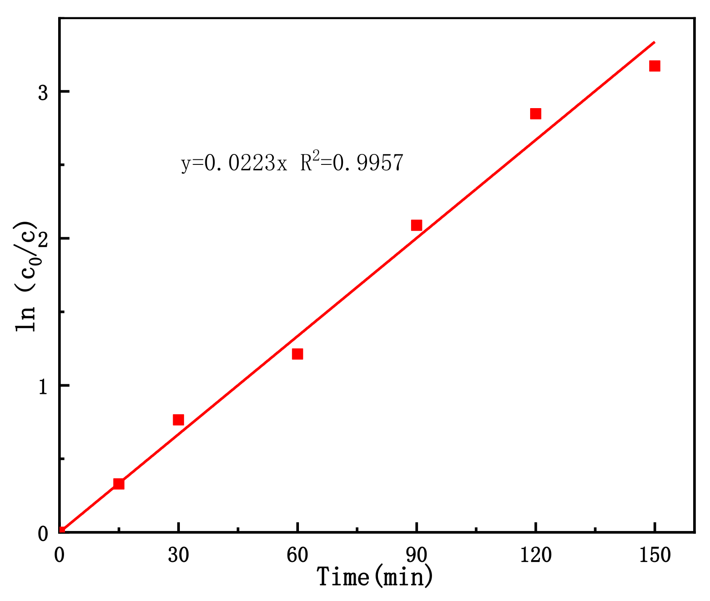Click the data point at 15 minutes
[x=119, y=484]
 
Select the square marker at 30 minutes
[x=179, y=420]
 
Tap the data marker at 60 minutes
[x=298, y=354]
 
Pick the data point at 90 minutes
[x=417, y=225]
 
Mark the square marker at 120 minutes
[x=536, y=114]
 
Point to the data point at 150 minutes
[x=655, y=66]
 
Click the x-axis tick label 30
[x=179, y=555]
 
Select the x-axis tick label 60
[x=298, y=555]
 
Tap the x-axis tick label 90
[x=417, y=555]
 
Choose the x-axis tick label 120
[x=536, y=555]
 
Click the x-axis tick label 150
[x=655, y=555]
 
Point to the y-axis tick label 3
[x=43, y=93]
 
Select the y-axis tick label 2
[x=43, y=239]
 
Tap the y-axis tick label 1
[x=43, y=386]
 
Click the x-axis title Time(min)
[x=375, y=577]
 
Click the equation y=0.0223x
[x=234, y=163]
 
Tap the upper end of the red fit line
[x=654, y=42]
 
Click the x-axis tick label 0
[x=59, y=555]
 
